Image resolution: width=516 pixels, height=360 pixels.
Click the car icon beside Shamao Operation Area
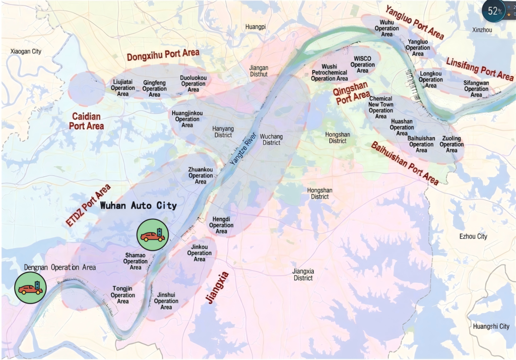tap(152, 235)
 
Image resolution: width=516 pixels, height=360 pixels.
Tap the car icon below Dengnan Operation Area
tap(30, 288)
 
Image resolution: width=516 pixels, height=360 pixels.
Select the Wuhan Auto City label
tap(139, 205)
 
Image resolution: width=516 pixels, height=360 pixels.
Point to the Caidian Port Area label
tap(87, 121)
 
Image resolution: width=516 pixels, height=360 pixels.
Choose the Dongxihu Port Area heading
tap(163, 54)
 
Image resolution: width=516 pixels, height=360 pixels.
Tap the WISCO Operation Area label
tap(363, 65)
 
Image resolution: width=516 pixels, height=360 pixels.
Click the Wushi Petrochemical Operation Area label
tap(329, 73)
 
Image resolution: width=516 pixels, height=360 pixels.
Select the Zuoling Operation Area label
tap(451, 144)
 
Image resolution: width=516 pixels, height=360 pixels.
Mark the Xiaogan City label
tap(26, 51)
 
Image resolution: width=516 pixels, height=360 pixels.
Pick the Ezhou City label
tap(473, 236)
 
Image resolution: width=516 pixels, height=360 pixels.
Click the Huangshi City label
tap(491, 327)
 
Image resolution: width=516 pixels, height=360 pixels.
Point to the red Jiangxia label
tap(218, 287)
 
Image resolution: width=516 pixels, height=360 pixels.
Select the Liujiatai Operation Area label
tap(123, 88)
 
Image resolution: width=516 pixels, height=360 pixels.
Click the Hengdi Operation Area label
tap(221, 225)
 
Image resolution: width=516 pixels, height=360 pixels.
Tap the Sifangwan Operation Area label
tap(476, 89)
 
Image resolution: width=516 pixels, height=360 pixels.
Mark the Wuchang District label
tap(272, 140)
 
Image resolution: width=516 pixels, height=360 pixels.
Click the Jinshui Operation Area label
tap(166, 301)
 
